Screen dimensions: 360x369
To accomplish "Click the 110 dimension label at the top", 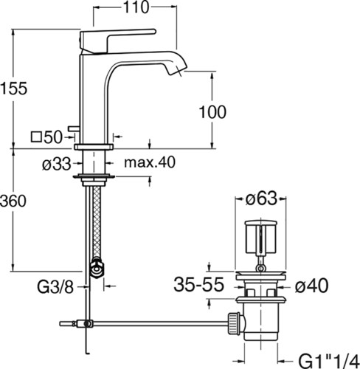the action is pyautogui.click(x=136, y=7).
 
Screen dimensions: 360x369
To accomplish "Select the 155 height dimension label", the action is pyautogui.click(x=14, y=89).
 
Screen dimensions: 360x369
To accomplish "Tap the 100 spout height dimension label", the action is pyautogui.click(x=212, y=112).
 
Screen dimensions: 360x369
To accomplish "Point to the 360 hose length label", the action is pyautogui.click(x=13, y=201).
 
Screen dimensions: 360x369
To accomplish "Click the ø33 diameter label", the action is pyautogui.click(x=57, y=164).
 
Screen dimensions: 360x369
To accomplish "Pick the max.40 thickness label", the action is pyautogui.click(x=150, y=162).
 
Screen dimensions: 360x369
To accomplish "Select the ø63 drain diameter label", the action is pyautogui.click(x=261, y=199).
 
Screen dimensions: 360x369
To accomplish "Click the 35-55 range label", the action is pyautogui.click(x=198, y=285).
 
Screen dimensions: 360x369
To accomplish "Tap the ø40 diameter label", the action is pyautogui.click(x=311, y=286).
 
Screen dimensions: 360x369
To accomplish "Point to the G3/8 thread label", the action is pyautogui.click(x=55, y=287).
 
